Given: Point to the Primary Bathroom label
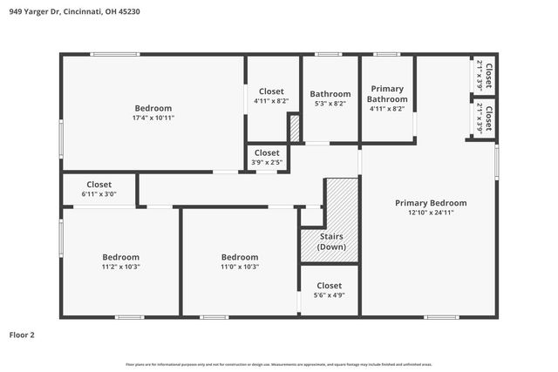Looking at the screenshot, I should pyautogui.click(x=388, y=94).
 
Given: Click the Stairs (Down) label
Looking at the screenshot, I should pyautogui.click(x=331, y=241).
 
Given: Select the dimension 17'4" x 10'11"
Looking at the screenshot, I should pyautogui.click(x=153, y=118).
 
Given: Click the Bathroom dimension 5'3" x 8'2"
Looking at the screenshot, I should pyautogui.click(x=330, y=104).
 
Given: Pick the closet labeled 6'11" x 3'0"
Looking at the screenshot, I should pyautogui.click(x=99, y=194).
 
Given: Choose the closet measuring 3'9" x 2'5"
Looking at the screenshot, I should pyautogui.click(x=267, y=162).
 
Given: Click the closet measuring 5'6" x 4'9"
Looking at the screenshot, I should pyautogui.click(x=329, y=295).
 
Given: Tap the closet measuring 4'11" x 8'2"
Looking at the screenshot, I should pyautogui.click(x=271, y=101).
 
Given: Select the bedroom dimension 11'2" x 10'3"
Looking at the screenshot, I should pyautogui.click(x=120, y=267).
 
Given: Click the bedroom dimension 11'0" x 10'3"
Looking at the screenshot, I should pyautogui.click(x=239, y=267).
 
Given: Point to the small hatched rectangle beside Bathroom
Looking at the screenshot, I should pyautogui.click(x=295, y=128).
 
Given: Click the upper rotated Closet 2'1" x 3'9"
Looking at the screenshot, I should pyautogui.click(x=484, y=77).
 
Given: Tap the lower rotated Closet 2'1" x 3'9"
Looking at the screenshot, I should pyautogui.click(x=484, y=118).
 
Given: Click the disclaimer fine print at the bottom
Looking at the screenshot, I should pyautogui.click(x=278, y=364).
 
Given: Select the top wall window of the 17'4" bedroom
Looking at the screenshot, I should pyautogui.click(x=115, y=55).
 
